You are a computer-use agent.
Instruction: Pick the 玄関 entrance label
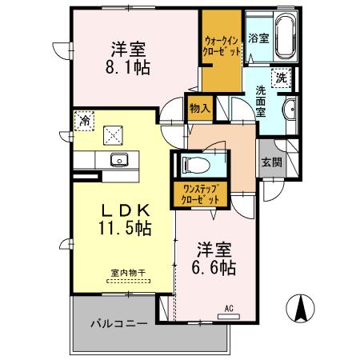270,161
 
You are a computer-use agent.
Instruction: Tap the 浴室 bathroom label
258,38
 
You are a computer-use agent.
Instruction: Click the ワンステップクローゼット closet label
200,194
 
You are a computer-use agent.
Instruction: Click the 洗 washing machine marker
282,78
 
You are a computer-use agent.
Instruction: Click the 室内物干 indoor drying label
128,274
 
